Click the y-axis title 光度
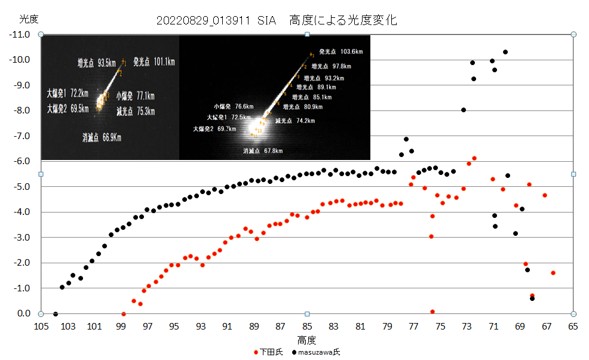coord(29,19)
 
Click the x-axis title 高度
coord(306,340)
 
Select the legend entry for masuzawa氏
coord(316,352)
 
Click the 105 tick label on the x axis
coord(41,326)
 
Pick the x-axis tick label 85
coord(307,326)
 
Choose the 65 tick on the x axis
coord(573,326)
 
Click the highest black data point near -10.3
coord(505,52)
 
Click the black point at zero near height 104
coord(56,313)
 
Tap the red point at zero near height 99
coord(124,313)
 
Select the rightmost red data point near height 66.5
coord(553,273)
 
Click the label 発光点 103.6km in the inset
coord(341,52)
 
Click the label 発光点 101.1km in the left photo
coord(154,61)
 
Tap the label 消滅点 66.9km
coord(102,138)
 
